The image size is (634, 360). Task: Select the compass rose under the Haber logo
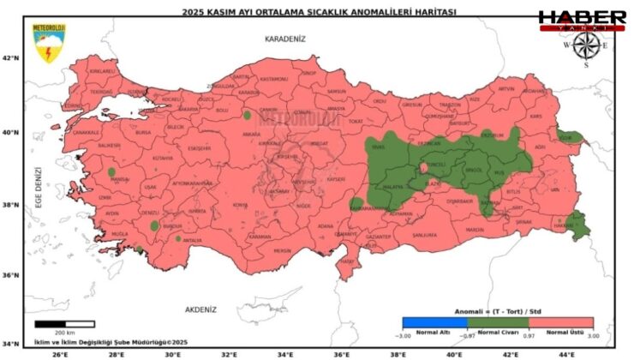(x=586, y=47)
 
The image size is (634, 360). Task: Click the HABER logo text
(x=582, y=17)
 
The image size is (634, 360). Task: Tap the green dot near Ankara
(x=248, y=115)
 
